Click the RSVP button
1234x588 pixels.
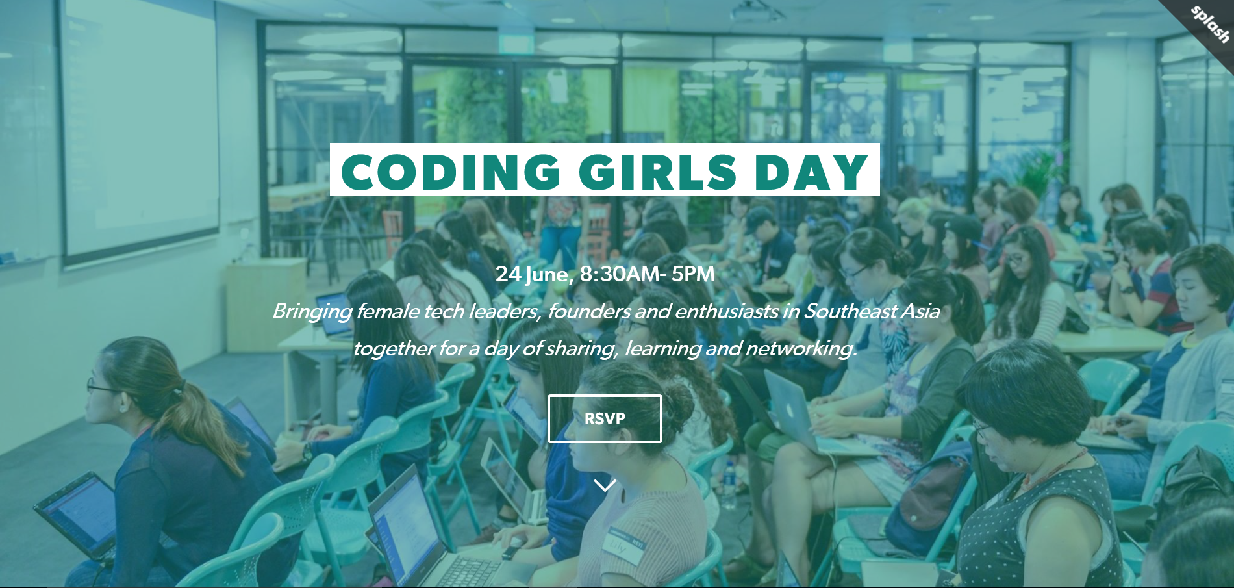coord(605,418)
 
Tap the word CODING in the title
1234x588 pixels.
coord(451,172)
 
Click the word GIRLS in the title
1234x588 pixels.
coord(657,172)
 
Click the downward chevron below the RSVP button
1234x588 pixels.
coord(605,485)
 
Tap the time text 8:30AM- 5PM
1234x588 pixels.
coord(648,274)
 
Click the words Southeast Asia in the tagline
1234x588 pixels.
coord(872,311)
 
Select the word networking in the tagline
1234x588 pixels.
coord(801,349)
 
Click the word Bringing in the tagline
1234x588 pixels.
coord(312,312)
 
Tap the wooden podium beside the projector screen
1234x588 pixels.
coord(266,305)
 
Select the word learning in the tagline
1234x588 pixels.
coord(662,349)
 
